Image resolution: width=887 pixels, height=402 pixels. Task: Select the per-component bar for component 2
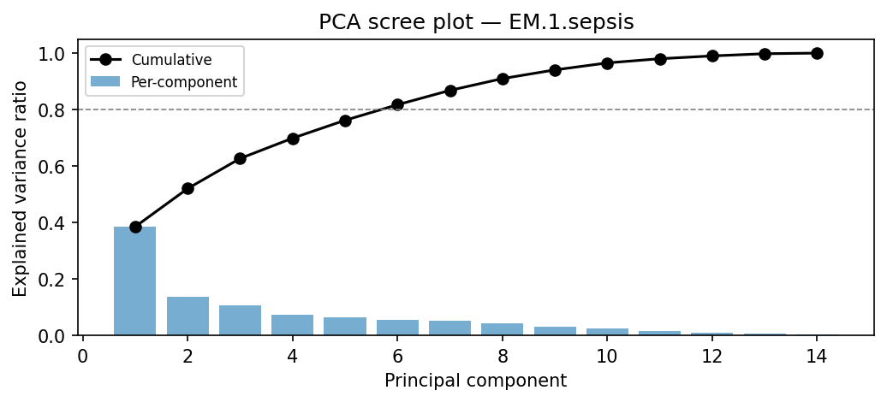click(x=188, y=316)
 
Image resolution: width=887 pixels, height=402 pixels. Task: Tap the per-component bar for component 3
click(x=240, y=320)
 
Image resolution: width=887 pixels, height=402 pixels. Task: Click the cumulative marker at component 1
click(x=135, y=227)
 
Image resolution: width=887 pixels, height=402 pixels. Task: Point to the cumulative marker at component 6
click(x=397, y=104)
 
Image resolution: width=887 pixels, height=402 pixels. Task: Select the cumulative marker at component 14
click(x=817, y=53)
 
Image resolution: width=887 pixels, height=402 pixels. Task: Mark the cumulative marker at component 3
click(x=240, y=158)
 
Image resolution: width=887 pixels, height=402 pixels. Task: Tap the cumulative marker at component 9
click(x=555, y=70)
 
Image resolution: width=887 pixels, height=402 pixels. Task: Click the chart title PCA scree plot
click(x=476, y=22)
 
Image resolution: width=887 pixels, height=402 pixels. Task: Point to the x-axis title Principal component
click(x=475, y=381)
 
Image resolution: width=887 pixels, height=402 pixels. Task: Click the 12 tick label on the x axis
click(x=711, y=356)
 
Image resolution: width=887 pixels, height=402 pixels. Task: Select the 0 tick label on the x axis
click(x=83, y=356)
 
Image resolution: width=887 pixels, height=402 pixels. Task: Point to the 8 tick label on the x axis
click(x=503, y=356)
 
